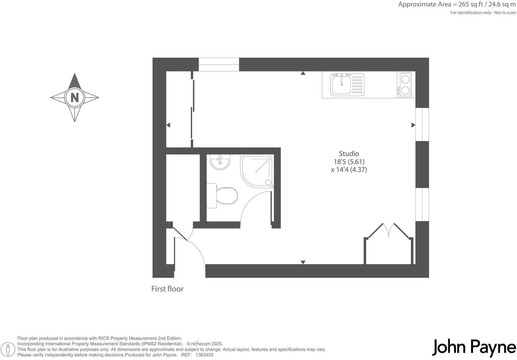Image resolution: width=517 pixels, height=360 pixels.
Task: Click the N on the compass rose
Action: click(x=75, y=98)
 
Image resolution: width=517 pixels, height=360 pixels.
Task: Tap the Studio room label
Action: click(x=349, y=154)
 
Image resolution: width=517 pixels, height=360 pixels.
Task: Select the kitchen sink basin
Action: click(x=341, y=85)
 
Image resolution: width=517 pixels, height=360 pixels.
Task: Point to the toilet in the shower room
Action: click(x=224, y=196)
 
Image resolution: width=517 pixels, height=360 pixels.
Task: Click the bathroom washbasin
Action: click(x=220, y=162)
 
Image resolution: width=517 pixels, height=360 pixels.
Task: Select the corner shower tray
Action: click(x=257, y=171)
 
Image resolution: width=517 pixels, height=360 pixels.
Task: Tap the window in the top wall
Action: click(x=219, y=64)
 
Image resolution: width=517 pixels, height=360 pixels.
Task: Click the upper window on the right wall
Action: click(x=422, y=124)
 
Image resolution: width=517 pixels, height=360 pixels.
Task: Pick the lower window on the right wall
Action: click(x=422, y=204)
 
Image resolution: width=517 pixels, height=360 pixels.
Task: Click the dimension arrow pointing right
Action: click(x=413, y=125)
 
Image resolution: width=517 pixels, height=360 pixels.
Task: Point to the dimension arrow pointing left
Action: click(x=168, y=125)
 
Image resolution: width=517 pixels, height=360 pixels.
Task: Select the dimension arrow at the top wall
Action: click(x=303, y=73)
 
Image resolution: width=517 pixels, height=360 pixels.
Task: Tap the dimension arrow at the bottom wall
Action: click(x=303, y=262)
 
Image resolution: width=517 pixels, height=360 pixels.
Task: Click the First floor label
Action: click(x=167, y=289)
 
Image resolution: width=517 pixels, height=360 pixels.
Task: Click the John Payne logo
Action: click(x=474, y=348)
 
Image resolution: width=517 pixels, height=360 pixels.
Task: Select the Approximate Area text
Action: click(x=457, y=5)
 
